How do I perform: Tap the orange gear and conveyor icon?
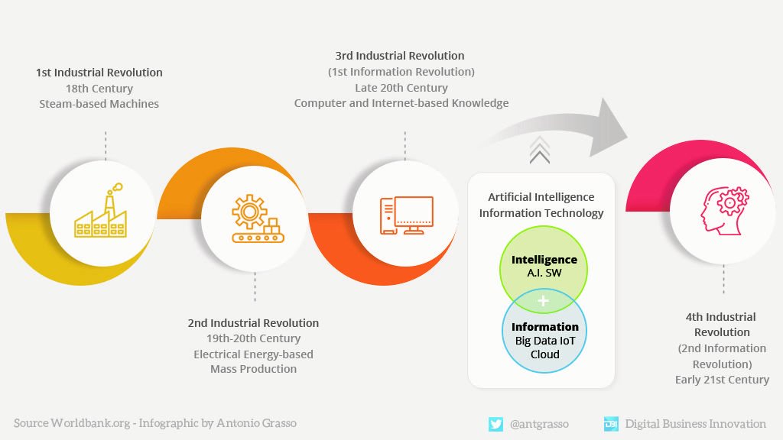click(x=255, y=219)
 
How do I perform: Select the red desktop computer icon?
click(x=406, y=215)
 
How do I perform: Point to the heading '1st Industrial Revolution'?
click(x=99, y=73)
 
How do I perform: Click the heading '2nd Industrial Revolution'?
click(x=253, y=323)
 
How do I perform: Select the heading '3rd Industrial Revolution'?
click(x=400, y=56)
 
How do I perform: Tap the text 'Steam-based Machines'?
click(x=99, y=103)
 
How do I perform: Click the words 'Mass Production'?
click(x=253, y=369)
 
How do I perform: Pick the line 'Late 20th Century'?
click(x=401, y=88)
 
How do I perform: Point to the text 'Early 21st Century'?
click(x=722, y=380)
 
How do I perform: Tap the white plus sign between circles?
click(x=544, y=301)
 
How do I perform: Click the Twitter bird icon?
click(x=495, y=424)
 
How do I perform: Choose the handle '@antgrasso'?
click(x=539, y=424)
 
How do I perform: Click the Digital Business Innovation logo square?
click(x=611, y=424)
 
